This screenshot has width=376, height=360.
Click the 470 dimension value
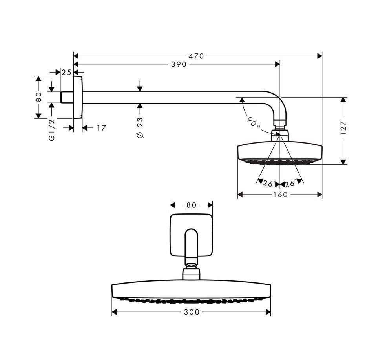(196, 56)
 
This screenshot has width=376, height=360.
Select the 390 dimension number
(179, 65)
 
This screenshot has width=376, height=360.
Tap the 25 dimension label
(66, 72)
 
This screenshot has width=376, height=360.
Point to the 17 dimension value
(101, 128)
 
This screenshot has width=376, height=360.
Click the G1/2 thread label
(51, 130)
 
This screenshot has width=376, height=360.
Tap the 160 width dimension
(280, 195)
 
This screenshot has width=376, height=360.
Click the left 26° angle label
(268, 184)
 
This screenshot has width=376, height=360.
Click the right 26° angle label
(290, 184)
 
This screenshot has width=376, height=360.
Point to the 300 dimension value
(191, 312)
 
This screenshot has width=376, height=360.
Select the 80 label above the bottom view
(191, 205)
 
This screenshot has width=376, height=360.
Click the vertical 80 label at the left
(38, 97)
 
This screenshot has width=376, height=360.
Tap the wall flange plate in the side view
(78, 97)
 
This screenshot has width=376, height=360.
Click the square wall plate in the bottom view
(191, 235)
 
